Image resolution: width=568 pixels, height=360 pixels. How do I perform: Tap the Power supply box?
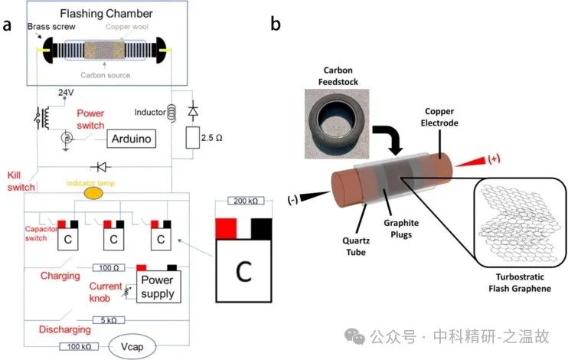click(x=157, y=286)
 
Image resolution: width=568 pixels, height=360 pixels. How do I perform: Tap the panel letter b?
click(x=276, y=24)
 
